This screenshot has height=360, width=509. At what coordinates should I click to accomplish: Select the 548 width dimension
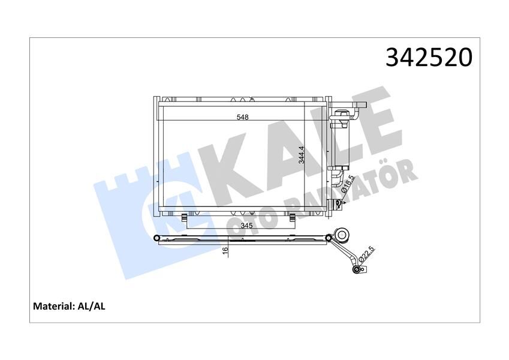242,118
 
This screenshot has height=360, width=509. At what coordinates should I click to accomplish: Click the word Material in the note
52,306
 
